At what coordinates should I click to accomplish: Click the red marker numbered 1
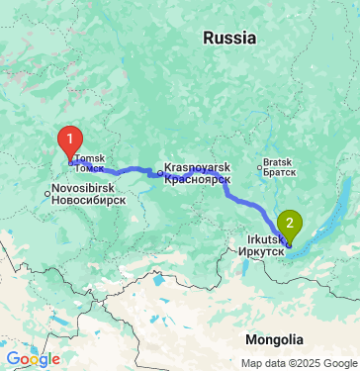pyautogui.click(x=69, y=139)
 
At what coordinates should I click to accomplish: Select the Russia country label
pyautogui.click(x=228, y=38)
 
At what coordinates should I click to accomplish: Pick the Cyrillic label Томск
pyautogui.click(x=89, y=169)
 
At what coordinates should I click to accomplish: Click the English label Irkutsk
pyautogui.click(x=260, y=238)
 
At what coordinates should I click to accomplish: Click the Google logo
pyautogui.click(x=33, y=359)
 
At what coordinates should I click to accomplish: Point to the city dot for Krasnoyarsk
pyautogui.click(x=160, y=173)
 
